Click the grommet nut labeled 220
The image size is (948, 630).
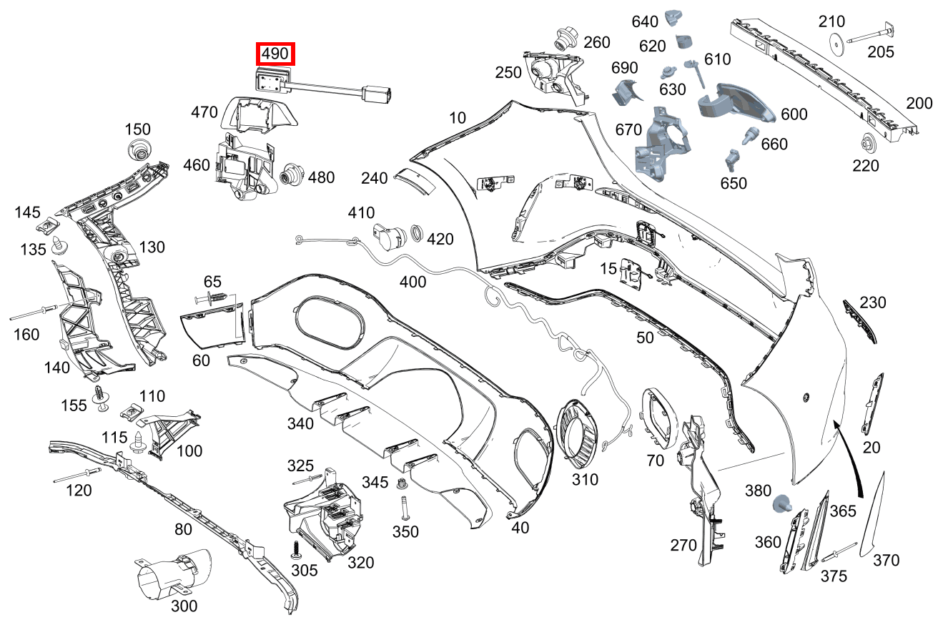[870, 143]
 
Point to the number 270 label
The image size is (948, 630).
[683, 546]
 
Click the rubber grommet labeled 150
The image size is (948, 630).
[139, 151]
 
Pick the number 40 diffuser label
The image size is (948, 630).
[520, 527]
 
